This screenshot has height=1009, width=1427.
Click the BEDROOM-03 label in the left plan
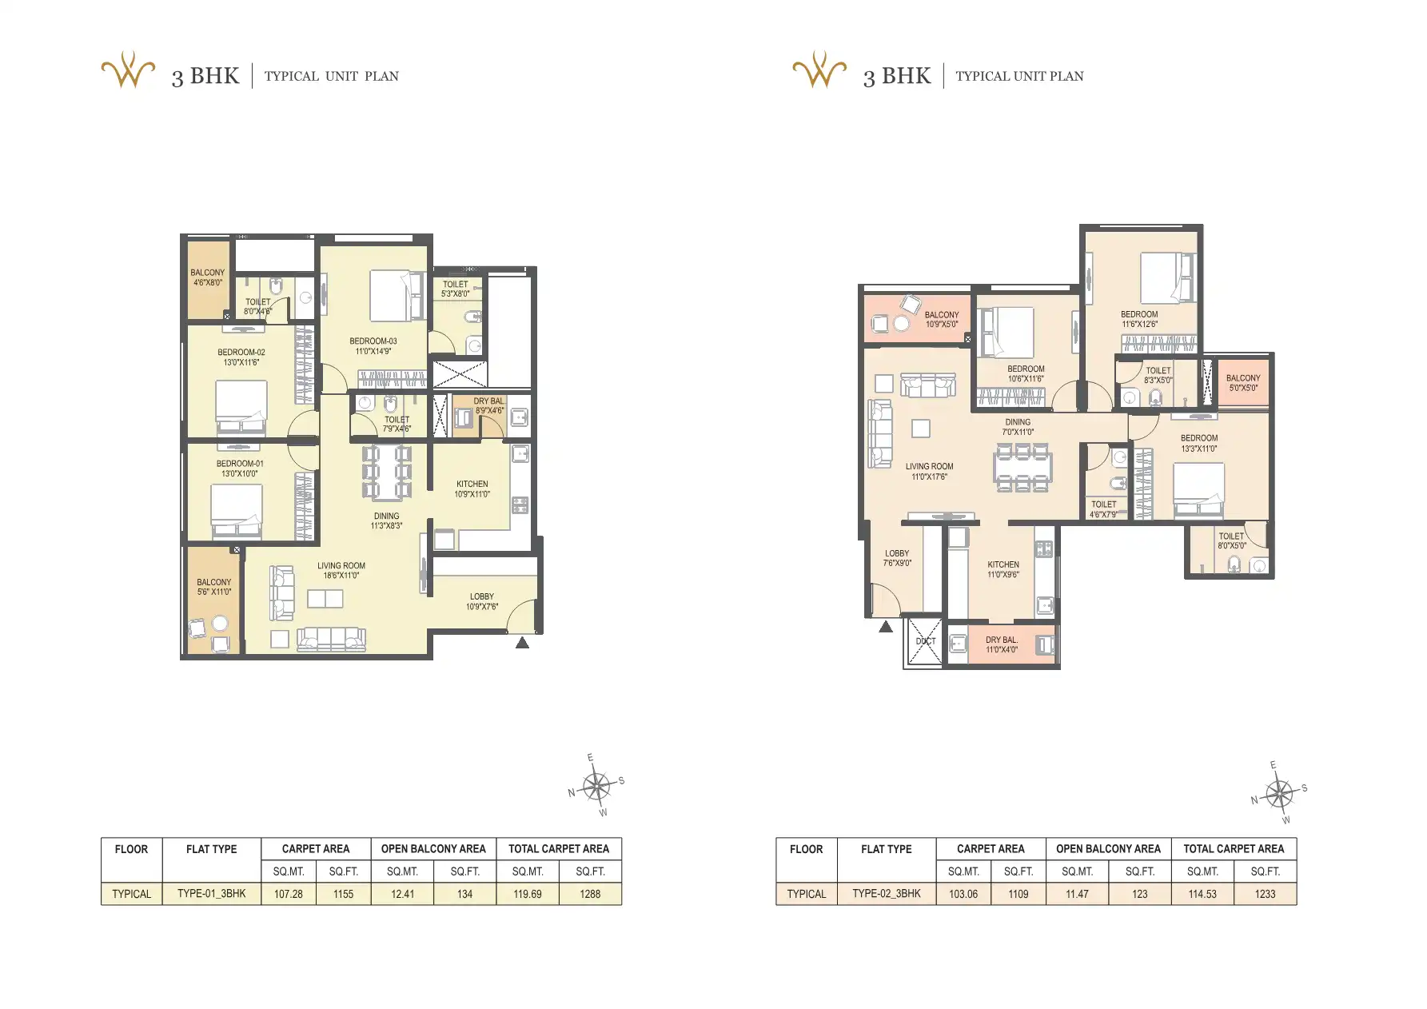click(373, 346)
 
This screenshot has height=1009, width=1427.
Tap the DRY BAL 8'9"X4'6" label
click(489, 406)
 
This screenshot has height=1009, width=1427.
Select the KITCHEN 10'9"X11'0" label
click(472, 489)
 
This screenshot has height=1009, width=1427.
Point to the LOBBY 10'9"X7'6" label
click(482, 601)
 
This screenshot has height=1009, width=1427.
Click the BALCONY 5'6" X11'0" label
click(214, 587)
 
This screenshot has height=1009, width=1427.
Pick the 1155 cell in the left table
click(343, 894)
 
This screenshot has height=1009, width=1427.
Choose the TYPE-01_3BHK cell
click(212, 894)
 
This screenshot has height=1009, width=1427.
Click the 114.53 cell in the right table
click(1202, 894)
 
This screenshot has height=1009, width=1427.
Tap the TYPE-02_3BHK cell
click(887, 894)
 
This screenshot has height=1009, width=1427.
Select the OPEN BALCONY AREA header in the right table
click(1108, 849)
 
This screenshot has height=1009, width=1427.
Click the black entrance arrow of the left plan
click(522, 642)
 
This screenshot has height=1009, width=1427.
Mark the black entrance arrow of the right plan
click(886, 628)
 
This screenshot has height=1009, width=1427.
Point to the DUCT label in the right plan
click(925, 641)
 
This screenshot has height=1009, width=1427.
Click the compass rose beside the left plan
click(596, 787)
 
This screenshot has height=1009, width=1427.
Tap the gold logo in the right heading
click(819, 70)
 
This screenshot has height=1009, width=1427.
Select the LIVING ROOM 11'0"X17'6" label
click(929, 472)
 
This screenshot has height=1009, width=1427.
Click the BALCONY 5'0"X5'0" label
click(1243, 383)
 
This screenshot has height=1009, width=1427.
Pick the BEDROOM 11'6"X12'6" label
click(1139, 319)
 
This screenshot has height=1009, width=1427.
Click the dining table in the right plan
click(1022, 468)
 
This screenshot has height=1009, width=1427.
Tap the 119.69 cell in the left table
click(528, 894)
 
